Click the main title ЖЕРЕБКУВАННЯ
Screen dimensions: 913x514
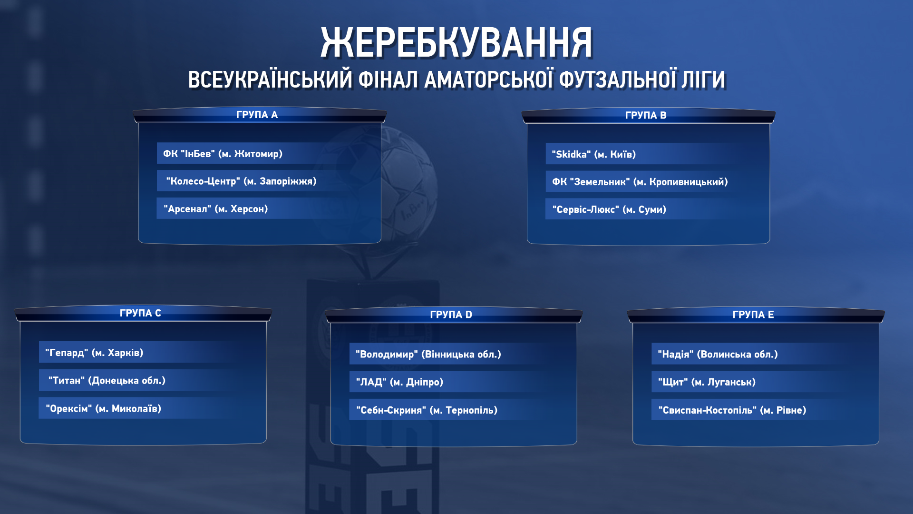pos(456,43)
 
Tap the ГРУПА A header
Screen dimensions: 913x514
pos(257,115)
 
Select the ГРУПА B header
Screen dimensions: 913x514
pos(646,115)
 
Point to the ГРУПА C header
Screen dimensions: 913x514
pos(140,313)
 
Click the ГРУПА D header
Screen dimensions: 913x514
pos(451,315)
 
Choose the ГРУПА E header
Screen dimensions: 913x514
pos(753,315)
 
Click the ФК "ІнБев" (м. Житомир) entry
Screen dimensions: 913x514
pos(223,154)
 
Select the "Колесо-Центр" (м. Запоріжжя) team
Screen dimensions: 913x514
pos(241,181)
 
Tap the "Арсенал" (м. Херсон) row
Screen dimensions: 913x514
pos(215,209)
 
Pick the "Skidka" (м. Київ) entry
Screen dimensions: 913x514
pos(593,154)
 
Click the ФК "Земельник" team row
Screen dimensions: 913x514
pos(640,182)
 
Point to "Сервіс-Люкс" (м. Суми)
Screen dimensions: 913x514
pos(609,209)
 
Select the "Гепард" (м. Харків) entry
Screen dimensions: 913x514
pos(94,353)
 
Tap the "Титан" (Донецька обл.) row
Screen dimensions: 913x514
pos(107,381)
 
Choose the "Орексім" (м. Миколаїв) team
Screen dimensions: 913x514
pos(103,409)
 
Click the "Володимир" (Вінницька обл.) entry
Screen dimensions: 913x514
pos(428,354)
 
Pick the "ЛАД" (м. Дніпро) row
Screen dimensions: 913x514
pos(399,382)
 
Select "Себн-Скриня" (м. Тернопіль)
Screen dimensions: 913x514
pos(427,410)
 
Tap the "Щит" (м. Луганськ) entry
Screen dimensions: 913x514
pos(707,382)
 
